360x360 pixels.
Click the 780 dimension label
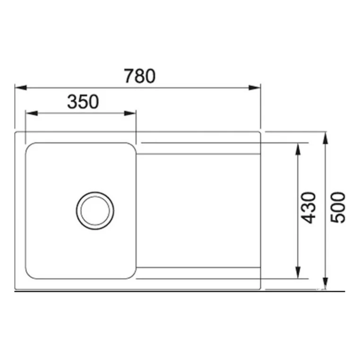139,76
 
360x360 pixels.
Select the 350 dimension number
83,102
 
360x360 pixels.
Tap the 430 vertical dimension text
309,208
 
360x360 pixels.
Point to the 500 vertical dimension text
338,208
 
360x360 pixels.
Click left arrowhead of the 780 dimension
21,87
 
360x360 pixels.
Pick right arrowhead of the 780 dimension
255,87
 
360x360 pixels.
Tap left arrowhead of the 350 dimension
32,113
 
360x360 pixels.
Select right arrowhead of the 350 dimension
130,113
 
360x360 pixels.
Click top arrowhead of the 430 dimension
298,149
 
